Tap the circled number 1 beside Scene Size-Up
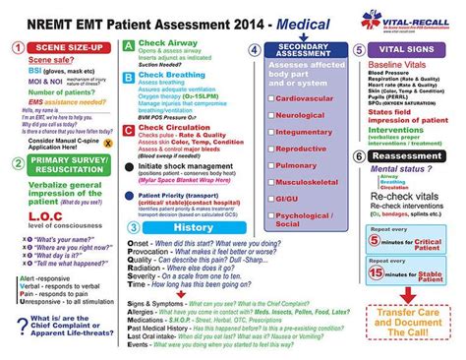point(17,46)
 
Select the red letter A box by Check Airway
point(129,45)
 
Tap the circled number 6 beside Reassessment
point(358,155)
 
